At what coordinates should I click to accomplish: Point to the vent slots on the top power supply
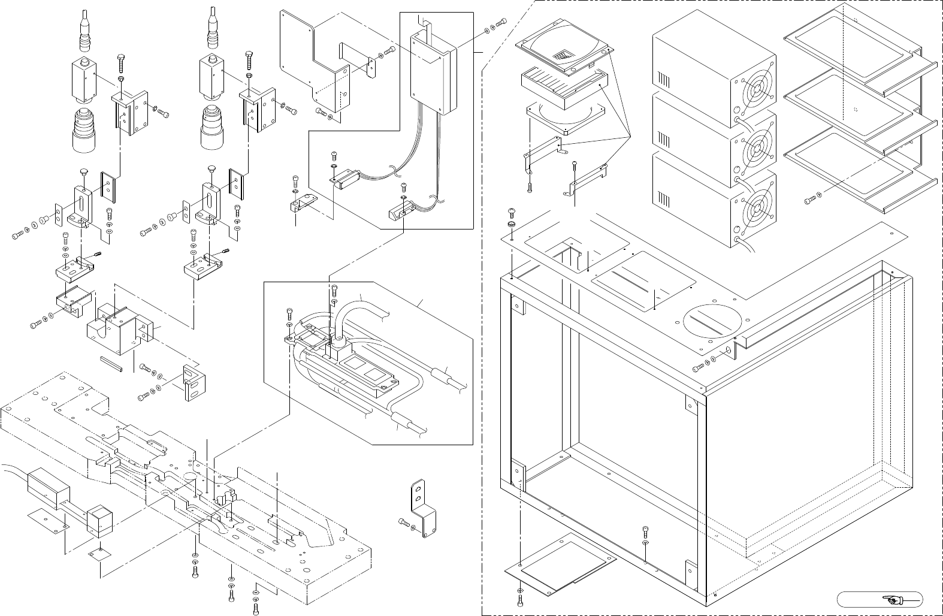pyautogui.click(x=665, y=80)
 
